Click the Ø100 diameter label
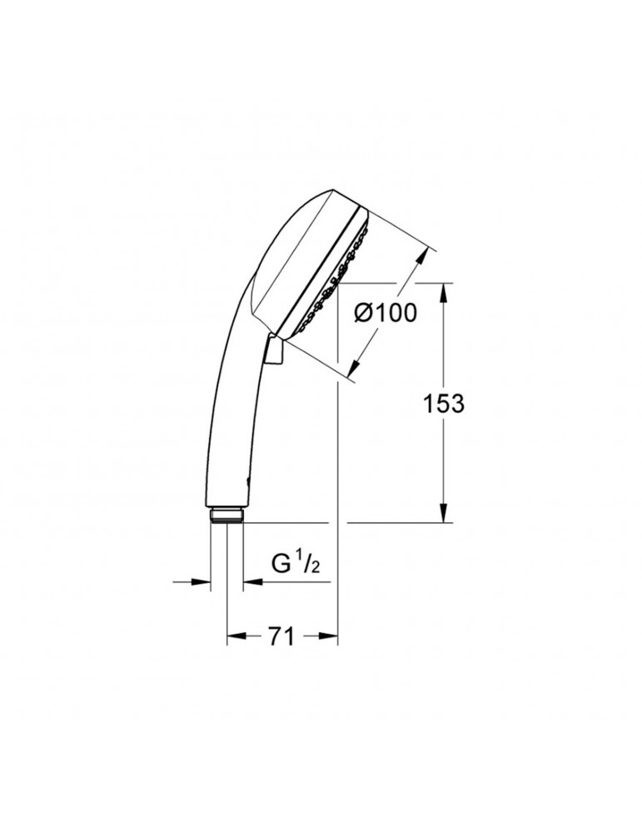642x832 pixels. tap(385, 315)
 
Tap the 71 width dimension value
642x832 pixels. tap(281, 637)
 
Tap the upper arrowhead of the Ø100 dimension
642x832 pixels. tap(424, 255)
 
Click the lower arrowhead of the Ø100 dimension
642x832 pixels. tap(354, 374)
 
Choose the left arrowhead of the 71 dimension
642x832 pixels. tap(234, 637)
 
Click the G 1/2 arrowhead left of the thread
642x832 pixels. tap(205, 582)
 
